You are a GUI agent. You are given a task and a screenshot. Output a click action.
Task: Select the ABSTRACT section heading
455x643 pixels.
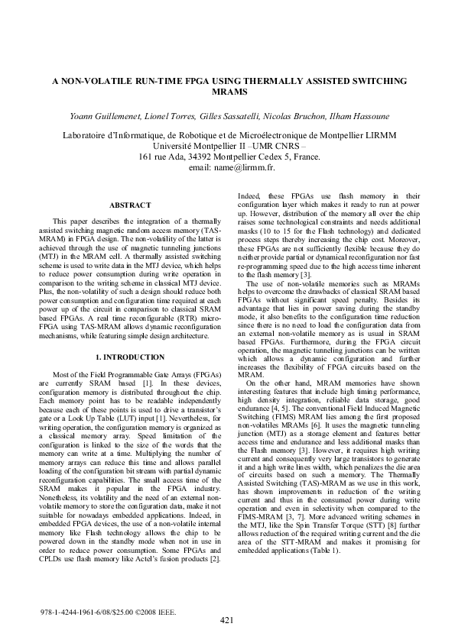tap(129, 206)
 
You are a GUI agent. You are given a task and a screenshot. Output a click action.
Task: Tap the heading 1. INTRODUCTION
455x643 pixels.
tap(129, 357)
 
